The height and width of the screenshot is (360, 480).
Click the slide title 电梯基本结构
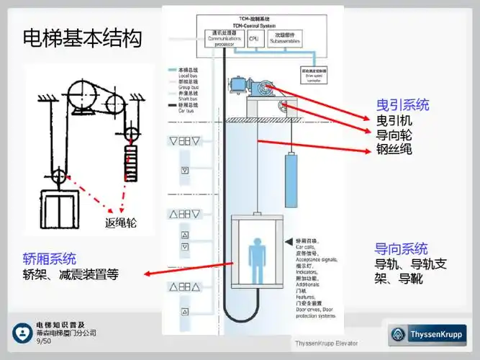tap(81, 37)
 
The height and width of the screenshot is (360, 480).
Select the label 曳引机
tap(394, 120)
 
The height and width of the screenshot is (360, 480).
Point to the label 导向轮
tap(394, 135)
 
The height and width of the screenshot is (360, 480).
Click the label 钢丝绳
tap(394, 150)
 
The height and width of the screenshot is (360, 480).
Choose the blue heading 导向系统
tap(401, 249)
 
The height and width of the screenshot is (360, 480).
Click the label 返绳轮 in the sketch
tap(121, 223)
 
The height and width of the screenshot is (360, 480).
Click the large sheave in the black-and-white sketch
tap(78, 94)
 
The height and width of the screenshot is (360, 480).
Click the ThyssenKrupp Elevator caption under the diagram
tap(325, 343)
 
